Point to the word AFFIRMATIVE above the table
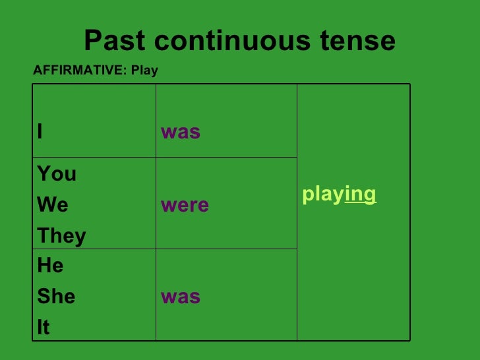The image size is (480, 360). (x=78, y=71)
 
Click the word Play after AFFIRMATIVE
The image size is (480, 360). (x=144, y=71)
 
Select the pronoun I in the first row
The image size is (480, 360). (x=40, y=133)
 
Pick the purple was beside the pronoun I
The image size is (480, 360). (x=180, y=133)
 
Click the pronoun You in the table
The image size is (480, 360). (x=57, y=174)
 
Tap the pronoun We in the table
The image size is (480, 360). (x=53, y=205)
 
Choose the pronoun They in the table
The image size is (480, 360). (x=61, y=236)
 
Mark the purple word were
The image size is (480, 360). (x=185, y=205)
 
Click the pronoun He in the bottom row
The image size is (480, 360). (x=50, y=266)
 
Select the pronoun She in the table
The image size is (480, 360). (x=56, y=297)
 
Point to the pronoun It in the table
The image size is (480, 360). (x=44, y=328)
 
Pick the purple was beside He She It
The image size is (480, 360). (x=180, y=297)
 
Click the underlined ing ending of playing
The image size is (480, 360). (x=361, y=195)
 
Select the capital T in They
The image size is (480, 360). (x=42, y=236)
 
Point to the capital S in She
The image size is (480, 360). (x=42, y=297)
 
